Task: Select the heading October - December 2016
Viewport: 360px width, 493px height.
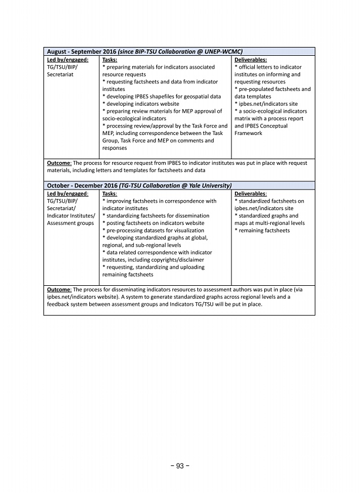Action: point(82,185)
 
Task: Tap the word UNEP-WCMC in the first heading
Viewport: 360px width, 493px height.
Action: point(222,52)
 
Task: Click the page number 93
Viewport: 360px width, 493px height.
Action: point(180,467)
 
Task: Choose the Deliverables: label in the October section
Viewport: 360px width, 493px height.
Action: point(250,193)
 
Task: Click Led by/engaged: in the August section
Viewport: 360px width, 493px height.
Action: point(68,60)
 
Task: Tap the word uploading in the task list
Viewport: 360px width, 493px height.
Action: point(187,267)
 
